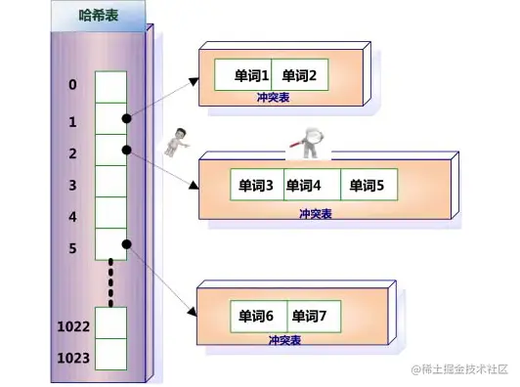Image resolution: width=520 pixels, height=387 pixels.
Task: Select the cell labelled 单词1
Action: pos(251,75)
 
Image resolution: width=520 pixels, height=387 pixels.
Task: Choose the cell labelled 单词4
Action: pos(304,185)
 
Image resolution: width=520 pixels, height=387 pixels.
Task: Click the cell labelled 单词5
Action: pos(368,185)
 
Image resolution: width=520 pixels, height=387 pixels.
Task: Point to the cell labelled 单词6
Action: pos(256,317)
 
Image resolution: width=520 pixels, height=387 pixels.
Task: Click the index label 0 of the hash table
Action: pos(72,85)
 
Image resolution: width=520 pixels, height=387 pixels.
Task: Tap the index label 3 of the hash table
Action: pos(72,184)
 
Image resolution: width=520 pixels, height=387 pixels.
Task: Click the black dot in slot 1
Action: pos(126,118)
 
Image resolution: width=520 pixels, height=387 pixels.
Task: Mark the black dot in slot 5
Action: pos(126,243)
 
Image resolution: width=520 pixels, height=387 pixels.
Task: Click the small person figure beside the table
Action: pos(177,143)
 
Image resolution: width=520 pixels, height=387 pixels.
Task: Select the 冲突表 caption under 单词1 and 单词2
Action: pos(271,97)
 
